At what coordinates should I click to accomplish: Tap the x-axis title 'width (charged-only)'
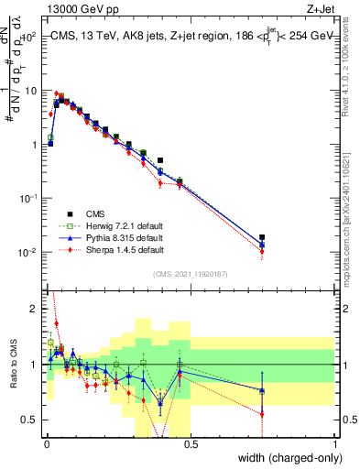pyautogui.click(x=285, y=458)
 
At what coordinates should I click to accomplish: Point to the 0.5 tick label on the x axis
pyautogui.click(x=190, y=442)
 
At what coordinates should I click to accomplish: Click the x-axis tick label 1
pyautogui.click(x=335, y=442)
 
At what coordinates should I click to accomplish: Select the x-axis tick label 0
pyautogui.click(x=46, y=442)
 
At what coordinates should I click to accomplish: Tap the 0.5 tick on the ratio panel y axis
pyautogui.click(x=30, y=420)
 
